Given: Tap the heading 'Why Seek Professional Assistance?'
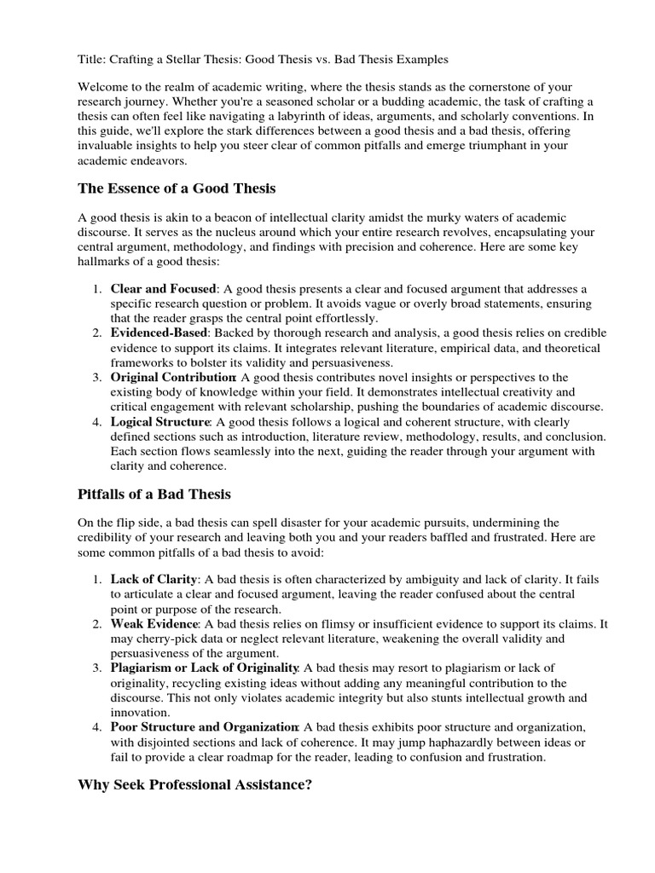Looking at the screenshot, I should coord(194,784).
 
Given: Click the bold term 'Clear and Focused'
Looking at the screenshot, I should coord(163,289).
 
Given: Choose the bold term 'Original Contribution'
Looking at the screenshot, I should coord(173,377).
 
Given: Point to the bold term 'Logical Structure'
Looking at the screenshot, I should coord(159,422).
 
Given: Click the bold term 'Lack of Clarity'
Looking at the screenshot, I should coord(154,579).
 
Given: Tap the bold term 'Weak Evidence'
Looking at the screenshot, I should coord(152,625).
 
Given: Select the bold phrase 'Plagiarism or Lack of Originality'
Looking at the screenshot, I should coord(204,668).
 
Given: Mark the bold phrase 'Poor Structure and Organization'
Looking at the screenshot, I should coord(204,727).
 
